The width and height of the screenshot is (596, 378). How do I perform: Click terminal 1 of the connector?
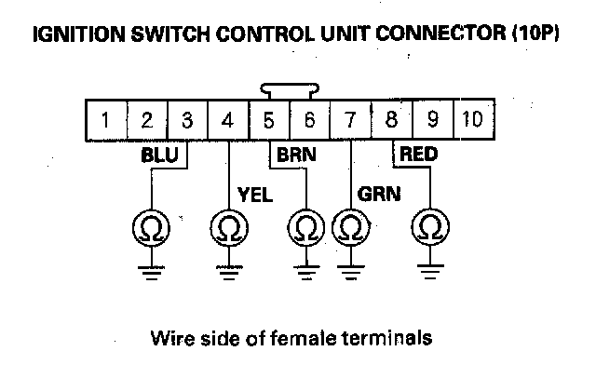coord(108,119)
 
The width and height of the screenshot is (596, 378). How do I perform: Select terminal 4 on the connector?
coord(228,119)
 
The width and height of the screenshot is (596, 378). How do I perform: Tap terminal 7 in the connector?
coord(349,119)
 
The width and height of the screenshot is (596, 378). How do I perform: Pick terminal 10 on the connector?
coord(472,119)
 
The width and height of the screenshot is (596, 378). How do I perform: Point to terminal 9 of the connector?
coord(431,119)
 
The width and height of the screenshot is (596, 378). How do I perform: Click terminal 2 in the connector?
coord(147,119)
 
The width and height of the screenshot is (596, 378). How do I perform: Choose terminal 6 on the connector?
coord(309,119)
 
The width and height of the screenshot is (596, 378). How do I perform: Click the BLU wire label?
coord(158,155)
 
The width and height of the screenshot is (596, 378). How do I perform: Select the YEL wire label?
coord(255,196)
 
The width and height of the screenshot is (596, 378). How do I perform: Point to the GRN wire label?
coord(377,196)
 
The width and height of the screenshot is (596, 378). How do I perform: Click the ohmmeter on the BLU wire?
coord(147,227)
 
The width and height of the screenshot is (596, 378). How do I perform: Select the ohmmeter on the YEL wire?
coord(228,227)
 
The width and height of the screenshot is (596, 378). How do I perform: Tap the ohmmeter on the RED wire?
coord(429,227)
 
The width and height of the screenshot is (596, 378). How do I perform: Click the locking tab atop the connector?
coord(289,91)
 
